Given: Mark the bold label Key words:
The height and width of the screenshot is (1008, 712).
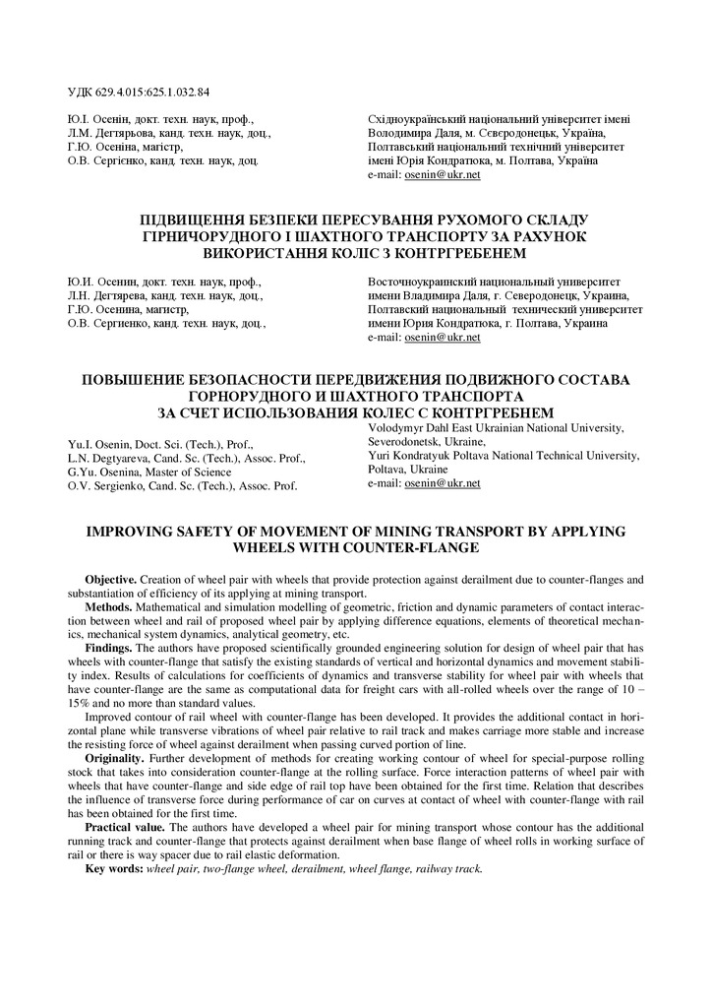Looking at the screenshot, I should coord(114,869).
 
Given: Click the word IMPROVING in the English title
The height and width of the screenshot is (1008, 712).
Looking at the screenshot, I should coord(135,531).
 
